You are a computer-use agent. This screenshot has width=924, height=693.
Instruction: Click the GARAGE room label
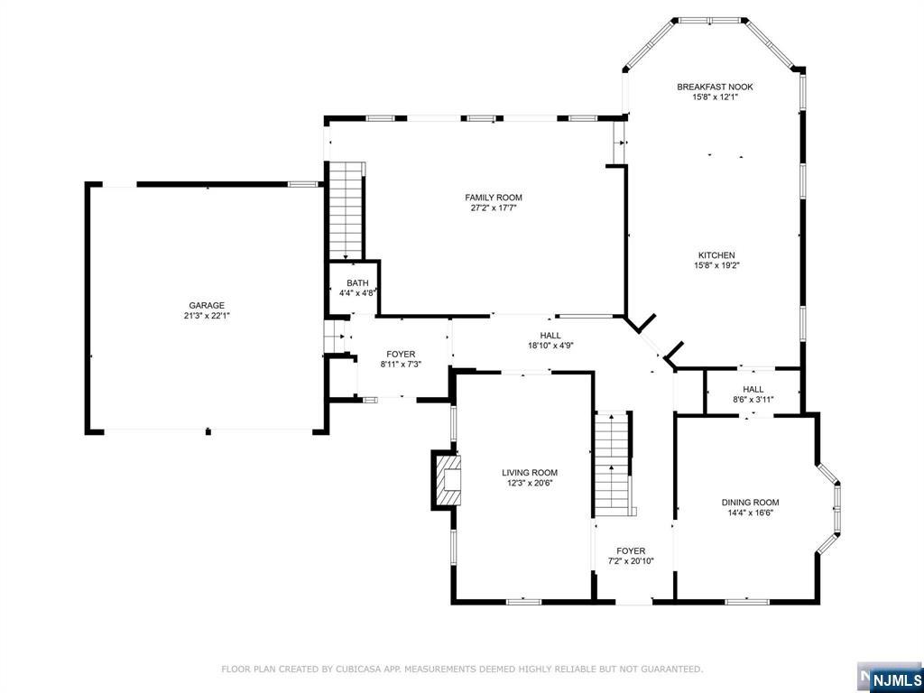207,305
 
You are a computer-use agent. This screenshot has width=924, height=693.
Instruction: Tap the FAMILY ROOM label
494,198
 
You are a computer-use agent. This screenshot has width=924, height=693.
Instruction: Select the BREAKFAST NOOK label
715,87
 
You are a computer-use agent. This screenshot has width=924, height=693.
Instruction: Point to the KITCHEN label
716,255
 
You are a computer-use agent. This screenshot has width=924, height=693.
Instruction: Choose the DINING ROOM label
750,502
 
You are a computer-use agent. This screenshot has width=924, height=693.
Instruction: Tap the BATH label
357,282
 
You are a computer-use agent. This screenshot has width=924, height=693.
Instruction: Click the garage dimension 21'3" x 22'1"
207,315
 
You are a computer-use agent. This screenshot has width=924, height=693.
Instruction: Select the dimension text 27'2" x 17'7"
494,208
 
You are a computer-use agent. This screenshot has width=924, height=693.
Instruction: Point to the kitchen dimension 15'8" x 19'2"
716,265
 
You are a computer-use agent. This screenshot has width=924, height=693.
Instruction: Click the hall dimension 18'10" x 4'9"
550,346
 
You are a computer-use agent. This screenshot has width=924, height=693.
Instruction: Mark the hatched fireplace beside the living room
446,480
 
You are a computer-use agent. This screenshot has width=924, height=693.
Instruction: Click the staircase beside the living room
613,463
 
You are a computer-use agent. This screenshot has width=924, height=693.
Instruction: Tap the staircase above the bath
346,210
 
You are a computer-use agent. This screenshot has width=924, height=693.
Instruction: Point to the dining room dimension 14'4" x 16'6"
750,513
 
